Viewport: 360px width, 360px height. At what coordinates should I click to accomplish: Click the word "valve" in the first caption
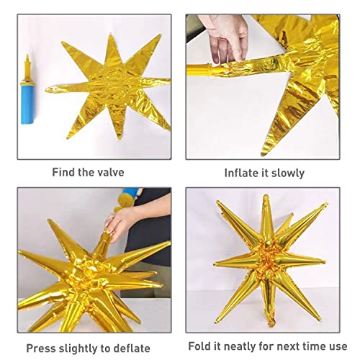click(109, 172)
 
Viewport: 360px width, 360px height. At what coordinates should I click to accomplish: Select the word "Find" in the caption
click(64, 172)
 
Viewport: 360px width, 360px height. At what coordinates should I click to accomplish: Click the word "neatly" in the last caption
click(242, 346)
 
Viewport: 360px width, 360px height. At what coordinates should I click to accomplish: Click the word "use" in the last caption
click(337, 346)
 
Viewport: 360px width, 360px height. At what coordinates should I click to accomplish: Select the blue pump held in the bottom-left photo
click(127, 194)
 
